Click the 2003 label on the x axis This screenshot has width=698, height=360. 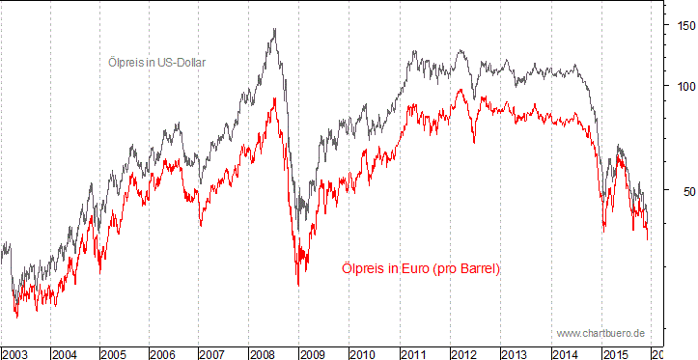(x=15, y=353)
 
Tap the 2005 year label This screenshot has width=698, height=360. (x=114, y=353)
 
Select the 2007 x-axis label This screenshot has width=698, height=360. (x=212, y=353)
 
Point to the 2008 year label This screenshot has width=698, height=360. (x=262, y=353)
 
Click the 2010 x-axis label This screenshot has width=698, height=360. (x=360, y=353)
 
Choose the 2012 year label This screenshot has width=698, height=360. (x=460, y=353)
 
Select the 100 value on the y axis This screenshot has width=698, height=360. (x=683, y=86)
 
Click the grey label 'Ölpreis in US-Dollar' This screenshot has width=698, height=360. (x=156, y=62)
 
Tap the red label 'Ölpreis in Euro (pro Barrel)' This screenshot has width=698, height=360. (x=422, y=268)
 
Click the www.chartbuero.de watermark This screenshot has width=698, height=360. (x=600, y=333)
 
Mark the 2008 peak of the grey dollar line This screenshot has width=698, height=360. (x=275, y=29)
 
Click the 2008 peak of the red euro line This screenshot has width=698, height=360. (x=275, y=99)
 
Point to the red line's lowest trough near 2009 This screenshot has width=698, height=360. (x=297, y=285)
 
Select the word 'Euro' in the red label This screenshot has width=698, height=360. (x=410, y=268)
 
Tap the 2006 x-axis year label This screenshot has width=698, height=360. (x=163, y=353)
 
